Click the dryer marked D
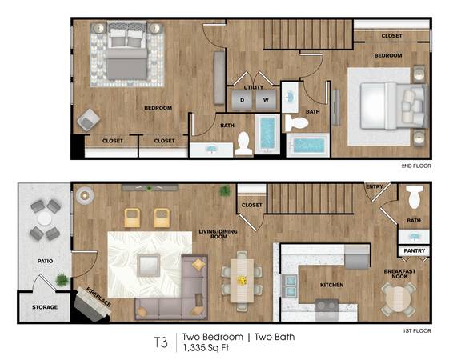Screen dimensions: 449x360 (x=242, y=100)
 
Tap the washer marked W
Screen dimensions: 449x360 (x=266, y=100)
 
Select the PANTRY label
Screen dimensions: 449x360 (x=414, y=250)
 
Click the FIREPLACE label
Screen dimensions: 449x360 (x=98, y=297)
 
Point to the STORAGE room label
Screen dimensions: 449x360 (x=45, y=307)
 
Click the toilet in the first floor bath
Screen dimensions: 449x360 (x=415, y=196)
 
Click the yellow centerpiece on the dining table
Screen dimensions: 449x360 (x=243, y=281)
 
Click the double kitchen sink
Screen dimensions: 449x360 (x=290, y=286)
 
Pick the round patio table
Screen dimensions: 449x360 (x=45, y=219)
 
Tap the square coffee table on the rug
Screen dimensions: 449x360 (x=148, y=266)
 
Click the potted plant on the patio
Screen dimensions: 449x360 (x=62, y=280)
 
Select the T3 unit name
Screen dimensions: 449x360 (x=161, y=342)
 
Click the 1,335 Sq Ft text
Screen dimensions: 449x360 (x=206, y=348)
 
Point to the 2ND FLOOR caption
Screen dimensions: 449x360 (x=416, y=166)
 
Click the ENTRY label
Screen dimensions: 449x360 (x=375, y=186)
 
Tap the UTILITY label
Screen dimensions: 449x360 (x=254, y=87)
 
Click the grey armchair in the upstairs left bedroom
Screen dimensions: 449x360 (x=89, y=120)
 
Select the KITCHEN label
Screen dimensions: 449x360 (x=331, y=285)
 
